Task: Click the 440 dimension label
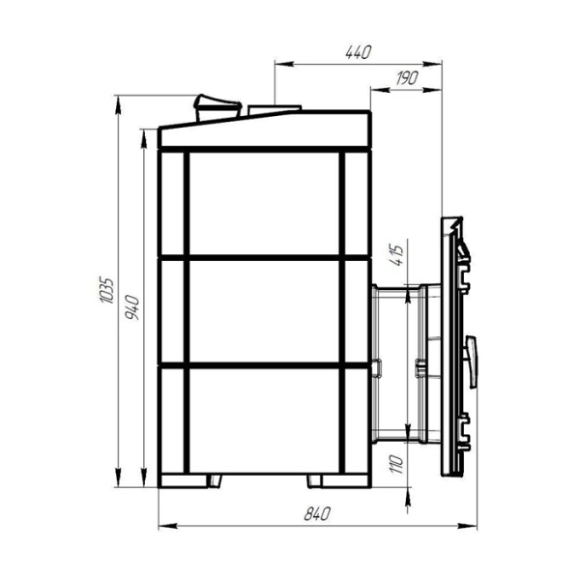click(358, 52)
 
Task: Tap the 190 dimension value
click(407, 77)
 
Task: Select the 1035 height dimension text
click(107, 290)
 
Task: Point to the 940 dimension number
click(132, 307)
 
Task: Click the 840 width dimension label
click(317, 514)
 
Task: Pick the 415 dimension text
click(397, 255)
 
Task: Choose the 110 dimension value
click(396, 464)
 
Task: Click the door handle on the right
click(472, 362)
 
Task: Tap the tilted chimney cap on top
click(217, 107)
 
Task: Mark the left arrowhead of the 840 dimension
click(167, 526)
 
